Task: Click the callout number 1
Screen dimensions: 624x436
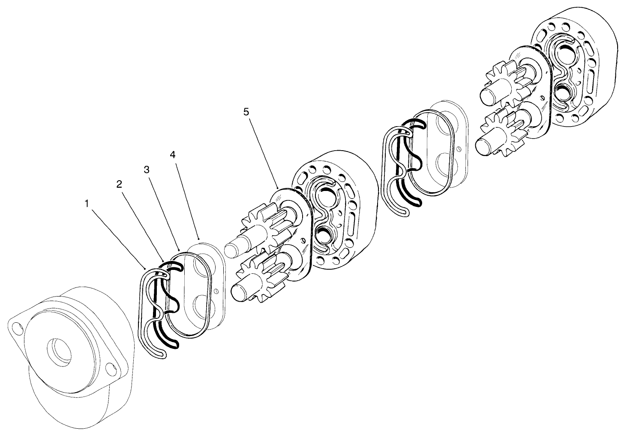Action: [x=87, y=204]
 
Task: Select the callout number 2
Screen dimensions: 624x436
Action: [x=119, y=184]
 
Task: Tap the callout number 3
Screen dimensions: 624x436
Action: [x=147, y=170]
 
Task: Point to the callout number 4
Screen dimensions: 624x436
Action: [x=173, y=154]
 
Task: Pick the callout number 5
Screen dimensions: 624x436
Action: [x=246, y=112]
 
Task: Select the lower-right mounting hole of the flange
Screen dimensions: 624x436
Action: [x=111, y=369]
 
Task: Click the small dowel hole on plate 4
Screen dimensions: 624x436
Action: [x=216, y=291]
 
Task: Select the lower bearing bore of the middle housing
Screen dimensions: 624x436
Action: [x=324, y=234]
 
